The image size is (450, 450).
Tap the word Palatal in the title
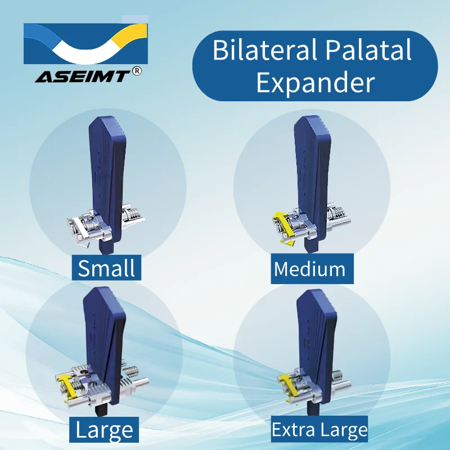(x=368, y=49)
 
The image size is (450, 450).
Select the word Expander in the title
(x=316, y=83)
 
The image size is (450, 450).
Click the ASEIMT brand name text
(x=82, y=76)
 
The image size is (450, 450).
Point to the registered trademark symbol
(x=137, y=71)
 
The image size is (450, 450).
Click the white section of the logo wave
(x=86, y=52)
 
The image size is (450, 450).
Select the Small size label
(x=106, y=268)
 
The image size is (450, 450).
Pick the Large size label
(x=104, y=430)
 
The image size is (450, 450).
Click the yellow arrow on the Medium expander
(x=283, y=227)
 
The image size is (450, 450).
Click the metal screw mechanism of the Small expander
(x=106, y=224)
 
